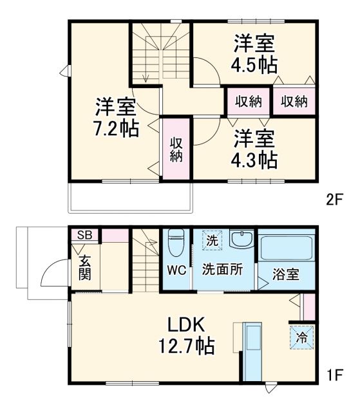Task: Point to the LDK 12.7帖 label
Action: [187, 335]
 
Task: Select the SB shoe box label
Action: [85, 234]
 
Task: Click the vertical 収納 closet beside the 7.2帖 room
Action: [176, 148]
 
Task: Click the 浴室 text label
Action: [286, 274]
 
